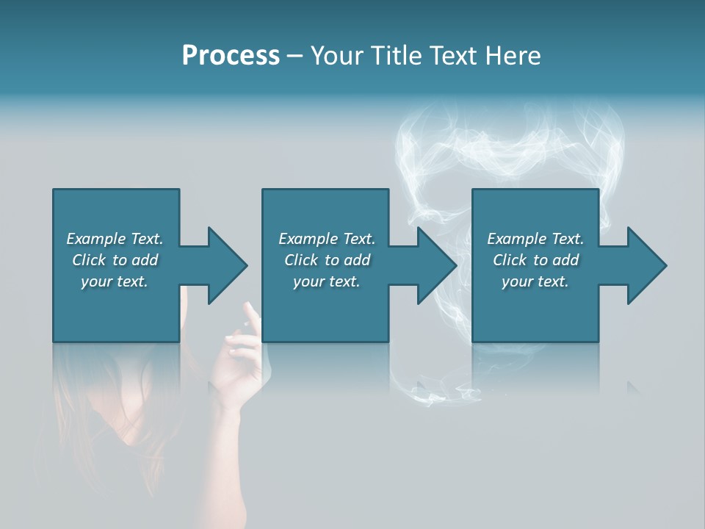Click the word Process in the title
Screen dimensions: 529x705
[231, 56]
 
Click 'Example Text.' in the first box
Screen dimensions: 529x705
[115, 239]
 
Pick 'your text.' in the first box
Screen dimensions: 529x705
[115, 281]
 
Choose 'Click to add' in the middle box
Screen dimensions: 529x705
[327, 260]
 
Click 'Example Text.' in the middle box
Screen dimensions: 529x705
[327, 239]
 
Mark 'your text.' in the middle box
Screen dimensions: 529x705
[327, 281]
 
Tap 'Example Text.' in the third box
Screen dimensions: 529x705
[535, 239]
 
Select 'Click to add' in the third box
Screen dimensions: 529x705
[535, 260]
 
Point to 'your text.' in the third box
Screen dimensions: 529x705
[535, 281]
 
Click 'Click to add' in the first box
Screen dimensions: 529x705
[115, 260]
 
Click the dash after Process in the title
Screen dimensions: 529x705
[295, 57]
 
